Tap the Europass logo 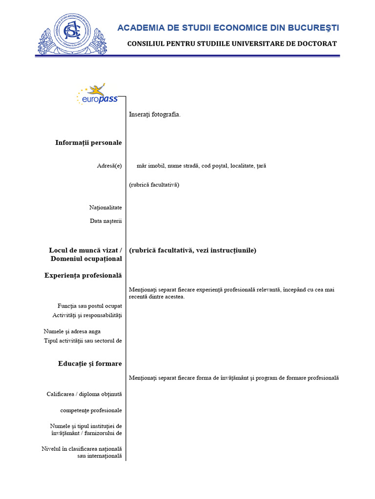[x=97, y=95]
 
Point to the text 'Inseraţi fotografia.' [x=155, y=115]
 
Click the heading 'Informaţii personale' [x=88, y=142]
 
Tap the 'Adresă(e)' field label [x=109, y=166]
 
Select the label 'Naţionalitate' [x=105, y=208]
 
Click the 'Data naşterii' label [x=105, y=221]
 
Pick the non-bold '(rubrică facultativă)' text [x=154, y=185]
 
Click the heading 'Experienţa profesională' [x=83, y=275]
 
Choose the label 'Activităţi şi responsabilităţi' [x=87, y=315]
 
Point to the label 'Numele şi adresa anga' [x=72, y=331]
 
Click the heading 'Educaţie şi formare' [x=90, y=364]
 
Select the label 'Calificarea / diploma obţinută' [x=84, y=394]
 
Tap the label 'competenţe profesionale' [x=91, y=410]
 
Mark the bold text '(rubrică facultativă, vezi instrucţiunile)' [x=192, y=250]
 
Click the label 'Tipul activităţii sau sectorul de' [x=83, y=340]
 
